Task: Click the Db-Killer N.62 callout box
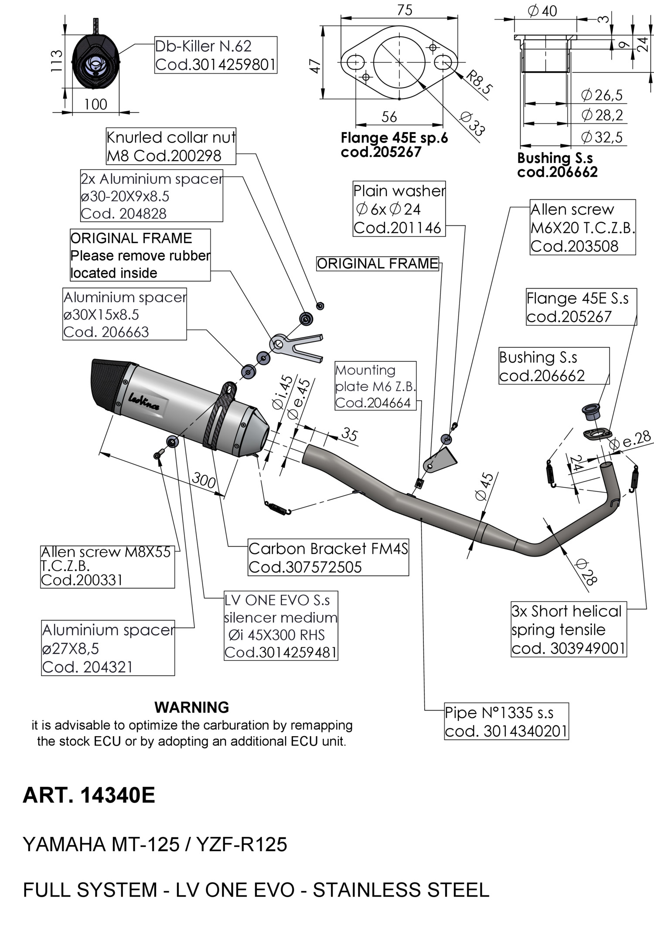coord(216,55)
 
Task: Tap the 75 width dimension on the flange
coord(405,10)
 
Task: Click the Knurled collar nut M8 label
coord(171,146)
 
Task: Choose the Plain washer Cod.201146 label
coord(399,209)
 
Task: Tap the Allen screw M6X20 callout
coord(582,228)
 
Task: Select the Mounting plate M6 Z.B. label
coord(375,386)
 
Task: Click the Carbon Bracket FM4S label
coord(328,558)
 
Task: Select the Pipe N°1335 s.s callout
coord(506,721)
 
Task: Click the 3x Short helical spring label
coord(568,629)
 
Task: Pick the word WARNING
coord(191,707)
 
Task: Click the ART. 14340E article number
coord(89,795)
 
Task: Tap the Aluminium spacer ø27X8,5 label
coord(108,648)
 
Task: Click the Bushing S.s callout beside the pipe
coord(554,366)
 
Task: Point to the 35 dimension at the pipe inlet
coord(349,434)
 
